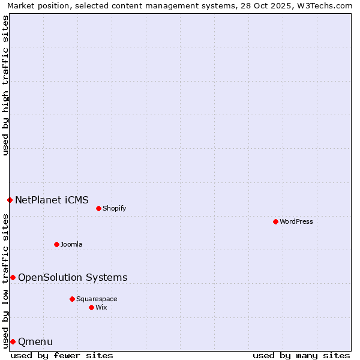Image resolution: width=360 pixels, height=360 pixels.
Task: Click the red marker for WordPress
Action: tap(275, 221)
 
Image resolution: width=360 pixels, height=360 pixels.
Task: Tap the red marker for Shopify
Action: tap(98, 208)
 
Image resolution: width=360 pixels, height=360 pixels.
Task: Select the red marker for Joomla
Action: tap(56, 244)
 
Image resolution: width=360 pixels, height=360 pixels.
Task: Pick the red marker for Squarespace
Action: tap(72, 299)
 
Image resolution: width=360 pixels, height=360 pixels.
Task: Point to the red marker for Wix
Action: tap(91, 307)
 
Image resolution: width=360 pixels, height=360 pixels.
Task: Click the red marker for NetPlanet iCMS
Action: tap(10, 200)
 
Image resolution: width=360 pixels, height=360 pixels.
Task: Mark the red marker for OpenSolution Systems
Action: tap(13, 277)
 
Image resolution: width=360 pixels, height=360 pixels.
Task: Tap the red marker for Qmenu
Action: tap(13, 341)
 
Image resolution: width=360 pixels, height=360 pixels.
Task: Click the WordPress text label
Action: tap(296, 221)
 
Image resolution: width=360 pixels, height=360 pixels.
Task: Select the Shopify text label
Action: tap(115, 208)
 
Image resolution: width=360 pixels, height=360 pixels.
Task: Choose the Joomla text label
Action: tap(71, 244)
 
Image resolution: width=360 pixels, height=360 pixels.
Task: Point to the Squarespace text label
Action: tap(97, 299)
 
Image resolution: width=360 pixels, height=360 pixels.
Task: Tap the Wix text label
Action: tap(101, 307)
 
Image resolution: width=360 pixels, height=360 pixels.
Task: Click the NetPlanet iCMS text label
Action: tap(52, 200)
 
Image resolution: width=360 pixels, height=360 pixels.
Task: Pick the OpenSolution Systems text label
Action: tap(73, 277)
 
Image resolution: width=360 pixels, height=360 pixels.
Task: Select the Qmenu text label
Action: tap(35, 342)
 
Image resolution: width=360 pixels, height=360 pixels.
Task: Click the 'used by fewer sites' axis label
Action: tap(62, 355)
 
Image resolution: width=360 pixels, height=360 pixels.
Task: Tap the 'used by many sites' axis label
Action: tap(301, 355)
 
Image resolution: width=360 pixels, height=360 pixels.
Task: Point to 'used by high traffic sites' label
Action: tap(5, 85)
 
